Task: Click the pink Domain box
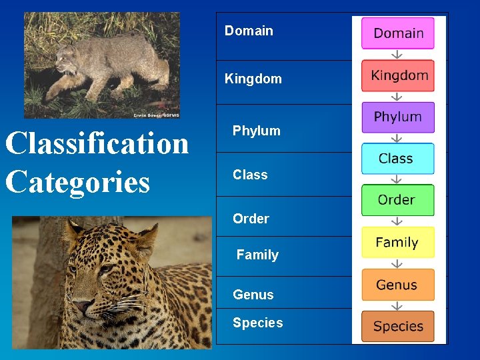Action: click(398, 33)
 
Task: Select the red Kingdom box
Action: click(398, 75)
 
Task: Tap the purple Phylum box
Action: click(398, 117)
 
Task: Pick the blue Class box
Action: click(397, 159)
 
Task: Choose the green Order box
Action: click(397, 200)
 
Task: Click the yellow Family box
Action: click(397, 243)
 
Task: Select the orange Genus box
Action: click(397, 285)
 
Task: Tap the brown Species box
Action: click(397, 327)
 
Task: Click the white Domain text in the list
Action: click(249, 31)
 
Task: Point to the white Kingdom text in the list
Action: click(253, 79)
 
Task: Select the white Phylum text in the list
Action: click(257, 131)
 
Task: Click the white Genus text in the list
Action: click(253, 295)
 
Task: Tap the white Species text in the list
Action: click(258, 323)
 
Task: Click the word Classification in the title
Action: click(97, 143)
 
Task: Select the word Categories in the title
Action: click(78, 181)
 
